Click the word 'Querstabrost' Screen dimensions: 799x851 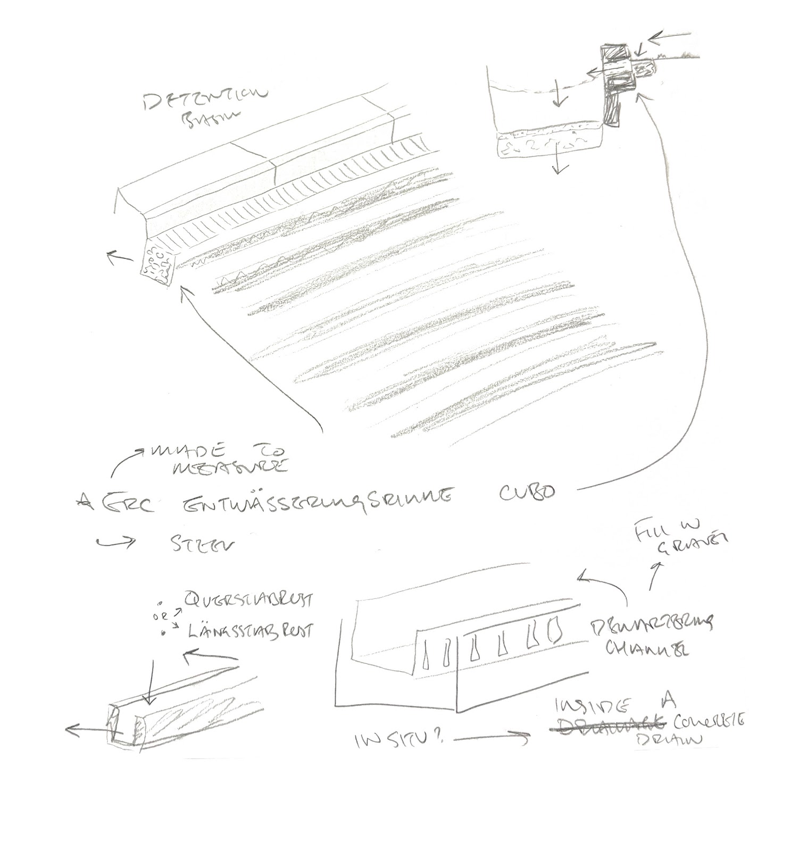[x=247, y=600]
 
